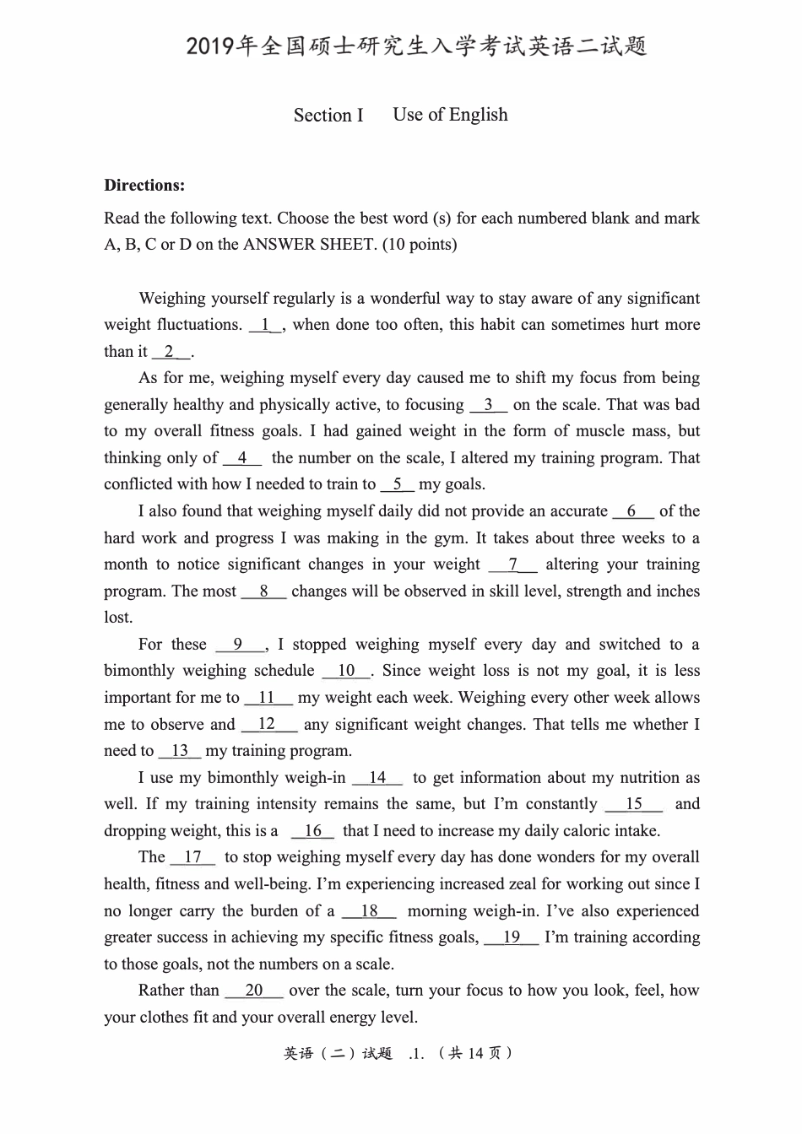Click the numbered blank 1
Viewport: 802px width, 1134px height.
(266, 325)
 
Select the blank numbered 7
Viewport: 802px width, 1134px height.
(512, 564)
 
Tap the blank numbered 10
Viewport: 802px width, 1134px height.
(346, 671)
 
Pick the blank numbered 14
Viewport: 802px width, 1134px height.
(377, 778)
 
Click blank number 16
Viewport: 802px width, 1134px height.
(313, 831)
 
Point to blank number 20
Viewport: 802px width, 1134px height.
(254, 991)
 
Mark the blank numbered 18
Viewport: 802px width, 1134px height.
(370, 911)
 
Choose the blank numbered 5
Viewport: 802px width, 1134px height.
(397, 484)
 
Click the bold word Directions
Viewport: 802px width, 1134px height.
(144, 186)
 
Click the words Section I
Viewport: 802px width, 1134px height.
(328, 116)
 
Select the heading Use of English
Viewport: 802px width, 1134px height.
(450, 115)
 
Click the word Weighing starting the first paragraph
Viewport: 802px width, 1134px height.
(172, 298)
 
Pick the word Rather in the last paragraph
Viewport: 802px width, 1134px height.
(166, 991)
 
